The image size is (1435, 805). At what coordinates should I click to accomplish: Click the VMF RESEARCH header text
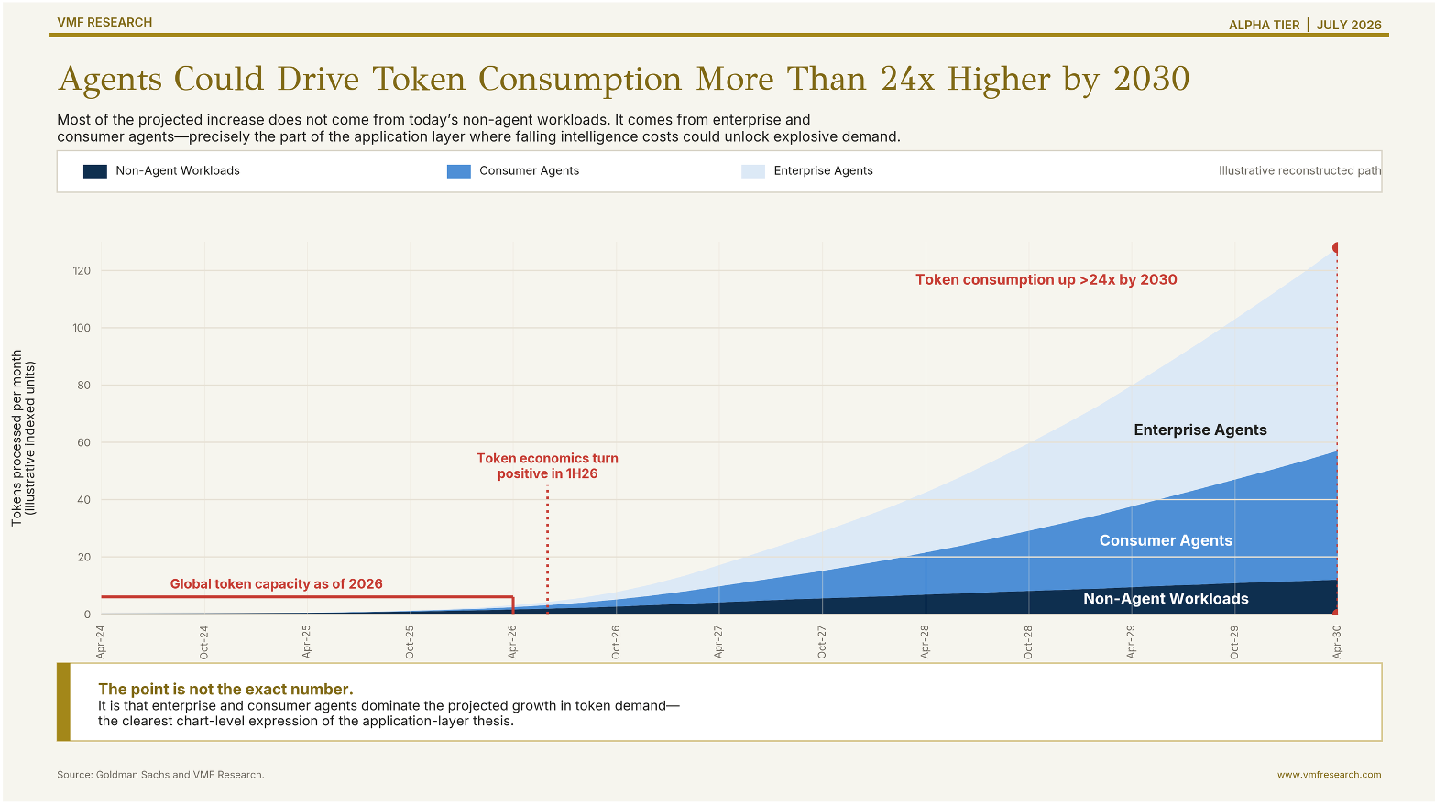click(x=104, y=22)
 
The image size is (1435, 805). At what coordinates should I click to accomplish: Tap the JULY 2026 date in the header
click(x=1349, y=25)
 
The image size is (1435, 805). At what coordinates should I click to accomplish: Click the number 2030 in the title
click(x=1151, y=79)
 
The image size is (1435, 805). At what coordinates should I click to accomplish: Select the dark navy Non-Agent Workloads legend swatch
click(x=94, y=171)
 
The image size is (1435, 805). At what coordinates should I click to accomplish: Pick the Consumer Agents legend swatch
click(x=459, y=171)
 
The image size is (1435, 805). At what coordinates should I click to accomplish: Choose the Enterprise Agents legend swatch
click(x=752, y=171)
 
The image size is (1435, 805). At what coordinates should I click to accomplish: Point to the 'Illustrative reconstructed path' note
click(x=1299, y=171)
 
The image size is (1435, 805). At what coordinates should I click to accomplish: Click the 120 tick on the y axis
click(x=82, y=271)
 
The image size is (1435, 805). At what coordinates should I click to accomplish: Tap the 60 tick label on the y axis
click(x=84, y=442)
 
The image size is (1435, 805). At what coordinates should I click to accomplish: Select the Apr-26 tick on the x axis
click(x=512, y=642)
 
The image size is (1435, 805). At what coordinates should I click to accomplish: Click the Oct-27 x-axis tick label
click(x=822, y=642)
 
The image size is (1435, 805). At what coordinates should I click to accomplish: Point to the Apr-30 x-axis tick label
click(x=1337, y=642)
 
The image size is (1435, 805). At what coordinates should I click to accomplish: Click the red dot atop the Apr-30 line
click(x=1337, y=248)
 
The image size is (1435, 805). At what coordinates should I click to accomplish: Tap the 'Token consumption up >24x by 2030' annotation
click(x=1046, y=280)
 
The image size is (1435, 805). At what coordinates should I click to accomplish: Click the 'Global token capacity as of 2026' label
click(x=276, y=584)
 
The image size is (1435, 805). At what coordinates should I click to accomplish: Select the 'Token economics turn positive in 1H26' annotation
click(x=548, y=466)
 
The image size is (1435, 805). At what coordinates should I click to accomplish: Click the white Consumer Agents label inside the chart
click(x=1166, y=540)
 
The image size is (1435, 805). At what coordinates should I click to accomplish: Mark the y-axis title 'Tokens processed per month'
click(x=16, y=438)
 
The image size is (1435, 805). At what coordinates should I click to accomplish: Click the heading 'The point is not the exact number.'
click(x=225, y=689)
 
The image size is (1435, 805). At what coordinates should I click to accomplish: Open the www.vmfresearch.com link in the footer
click(x=1330, y=775)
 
